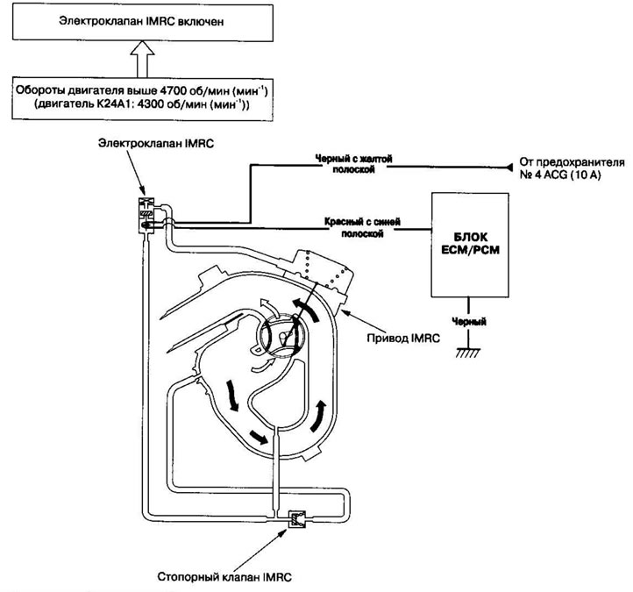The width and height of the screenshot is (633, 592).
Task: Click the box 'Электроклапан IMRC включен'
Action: tap(143, 23)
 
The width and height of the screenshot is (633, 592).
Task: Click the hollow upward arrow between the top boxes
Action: tap(142, 59)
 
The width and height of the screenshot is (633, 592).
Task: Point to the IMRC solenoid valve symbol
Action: tap(146, 215)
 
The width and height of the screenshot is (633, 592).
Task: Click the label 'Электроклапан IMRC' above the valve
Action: tap(156, 143)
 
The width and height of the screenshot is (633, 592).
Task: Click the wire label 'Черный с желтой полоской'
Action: tap(353, 164)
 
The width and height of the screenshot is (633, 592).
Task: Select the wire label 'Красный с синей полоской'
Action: tap(362, 228)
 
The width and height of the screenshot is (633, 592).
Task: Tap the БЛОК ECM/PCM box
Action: tap(470, 245)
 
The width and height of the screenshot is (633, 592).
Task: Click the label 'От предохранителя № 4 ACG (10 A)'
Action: tap(572, 168)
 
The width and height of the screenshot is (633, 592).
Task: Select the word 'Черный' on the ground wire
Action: tap(469, 322)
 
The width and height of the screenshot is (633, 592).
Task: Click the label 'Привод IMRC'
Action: tap(403, 338)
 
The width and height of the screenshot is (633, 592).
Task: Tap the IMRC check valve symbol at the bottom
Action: tap(296, 518)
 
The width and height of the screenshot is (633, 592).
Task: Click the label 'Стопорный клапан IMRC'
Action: tap(224, 577)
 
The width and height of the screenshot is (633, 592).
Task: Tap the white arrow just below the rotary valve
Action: tap(263, 365)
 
